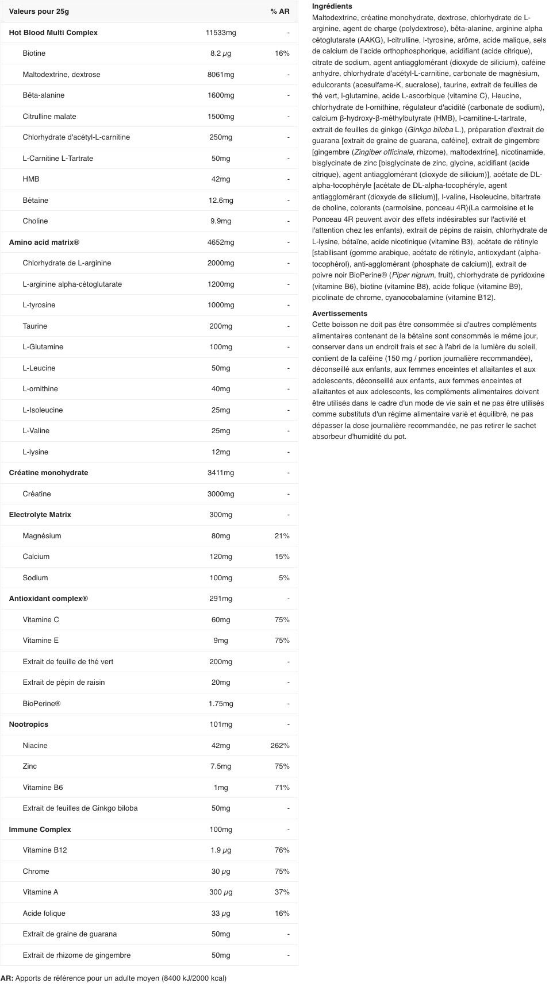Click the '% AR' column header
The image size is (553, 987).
click(279, 11)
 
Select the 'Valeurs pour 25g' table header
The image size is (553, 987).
click(39, 11)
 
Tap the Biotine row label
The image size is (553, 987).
click(34, 53)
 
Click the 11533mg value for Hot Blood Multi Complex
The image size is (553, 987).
click(221, 33)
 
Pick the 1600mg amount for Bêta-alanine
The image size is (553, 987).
click(221, 95)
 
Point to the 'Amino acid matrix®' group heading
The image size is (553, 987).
click(44, 242)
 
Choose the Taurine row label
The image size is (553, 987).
click(35, 326)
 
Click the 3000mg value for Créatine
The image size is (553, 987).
click(221, 494)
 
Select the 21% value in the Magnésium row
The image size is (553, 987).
click(282, 536)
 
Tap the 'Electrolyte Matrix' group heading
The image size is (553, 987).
click(40, 515)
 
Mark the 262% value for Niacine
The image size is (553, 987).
click(280, 746)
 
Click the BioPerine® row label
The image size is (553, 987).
click(41, 704)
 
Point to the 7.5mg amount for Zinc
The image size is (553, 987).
click(221, 766)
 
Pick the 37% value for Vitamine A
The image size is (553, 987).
click(282, 892)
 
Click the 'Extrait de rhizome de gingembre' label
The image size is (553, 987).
click(76, 955)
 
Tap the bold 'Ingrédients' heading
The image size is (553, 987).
click(332, 6)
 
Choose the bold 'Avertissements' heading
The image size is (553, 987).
click(339, 314)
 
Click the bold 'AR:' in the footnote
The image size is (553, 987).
click(7, 978)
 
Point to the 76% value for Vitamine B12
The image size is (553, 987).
click(282, 850)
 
